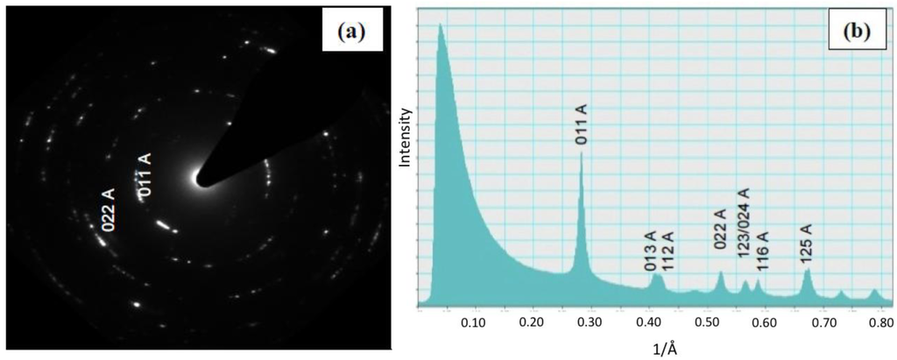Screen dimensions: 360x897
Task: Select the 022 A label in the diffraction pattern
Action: click(x=109, y=211)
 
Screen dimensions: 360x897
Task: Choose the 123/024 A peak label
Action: click(x=744, y=220)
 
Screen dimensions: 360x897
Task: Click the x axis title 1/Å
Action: click(x=658, y=348)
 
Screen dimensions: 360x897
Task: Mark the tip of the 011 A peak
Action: click(x=581, y=152)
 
